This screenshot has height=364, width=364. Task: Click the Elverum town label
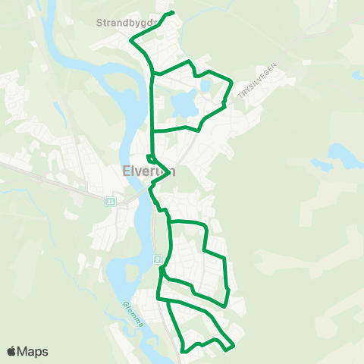click(149, 171)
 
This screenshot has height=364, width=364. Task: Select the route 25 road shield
click(111, 201)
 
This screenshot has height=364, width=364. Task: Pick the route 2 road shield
click(157, 259)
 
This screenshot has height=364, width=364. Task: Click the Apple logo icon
click(12, 351)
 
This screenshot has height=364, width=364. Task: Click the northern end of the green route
click(174, 13)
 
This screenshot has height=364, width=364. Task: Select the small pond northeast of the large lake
click(206, 86)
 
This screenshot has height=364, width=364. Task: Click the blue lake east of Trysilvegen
click(340, 157)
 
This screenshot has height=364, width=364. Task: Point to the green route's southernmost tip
click(184, 351)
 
